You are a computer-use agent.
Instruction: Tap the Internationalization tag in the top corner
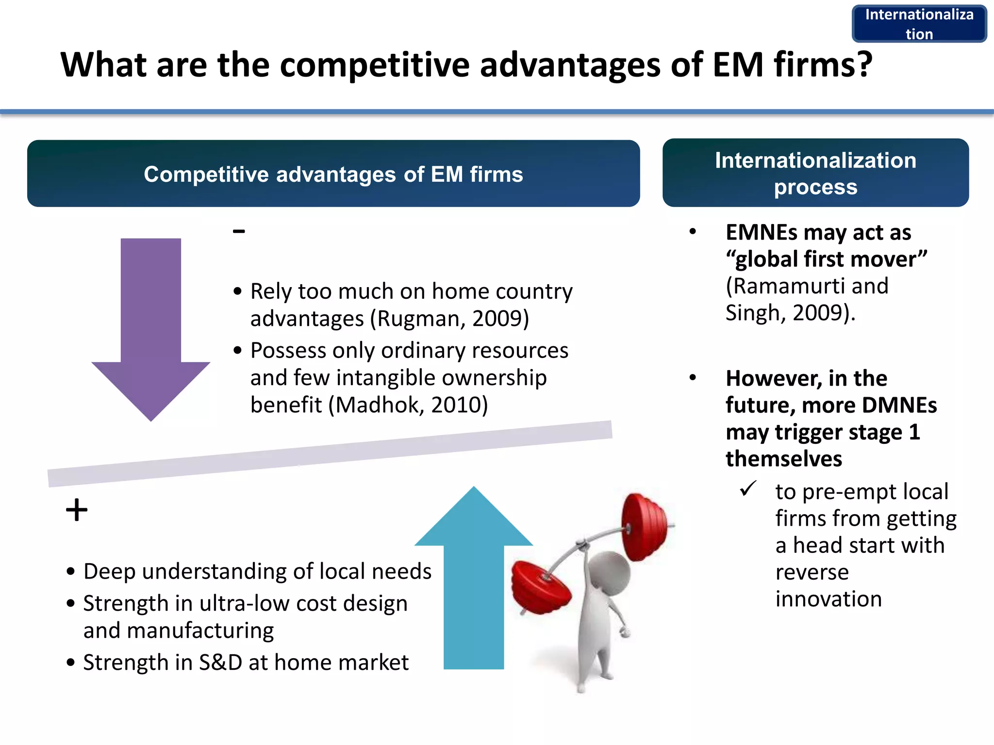[x=919, y=24]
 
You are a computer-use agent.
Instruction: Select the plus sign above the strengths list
[x=77, y=510]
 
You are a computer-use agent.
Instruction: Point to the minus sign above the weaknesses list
[x=239, y=231]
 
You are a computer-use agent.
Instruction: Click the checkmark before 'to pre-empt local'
[x=748, y=488]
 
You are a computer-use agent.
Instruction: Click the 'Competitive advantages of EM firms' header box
[x=333, y=174]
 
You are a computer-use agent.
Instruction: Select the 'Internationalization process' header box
[x=815, y=173]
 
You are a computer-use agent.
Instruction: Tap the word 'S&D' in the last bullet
[x=220, y=663]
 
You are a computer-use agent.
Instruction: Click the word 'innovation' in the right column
[x=828, y=599]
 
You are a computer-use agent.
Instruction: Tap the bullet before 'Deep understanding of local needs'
[x=71, y=572]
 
